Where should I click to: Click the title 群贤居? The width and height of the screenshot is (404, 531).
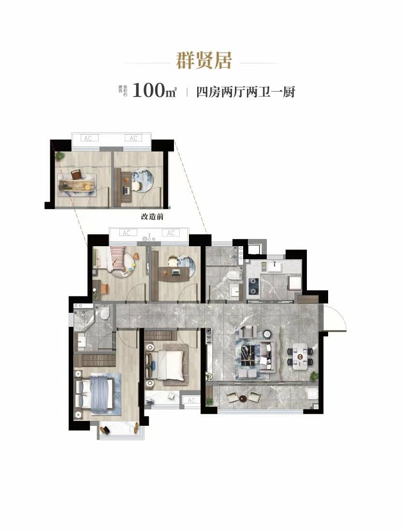204,61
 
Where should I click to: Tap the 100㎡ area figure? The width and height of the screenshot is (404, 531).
155,91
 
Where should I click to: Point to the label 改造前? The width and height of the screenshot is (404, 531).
152,217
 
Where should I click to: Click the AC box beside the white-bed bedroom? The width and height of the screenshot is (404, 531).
191,400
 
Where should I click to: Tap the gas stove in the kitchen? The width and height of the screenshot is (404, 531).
253,286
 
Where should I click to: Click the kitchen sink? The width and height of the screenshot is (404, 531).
275,267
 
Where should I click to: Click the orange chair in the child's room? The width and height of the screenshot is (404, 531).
104,288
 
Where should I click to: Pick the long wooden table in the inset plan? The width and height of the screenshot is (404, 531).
77,184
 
